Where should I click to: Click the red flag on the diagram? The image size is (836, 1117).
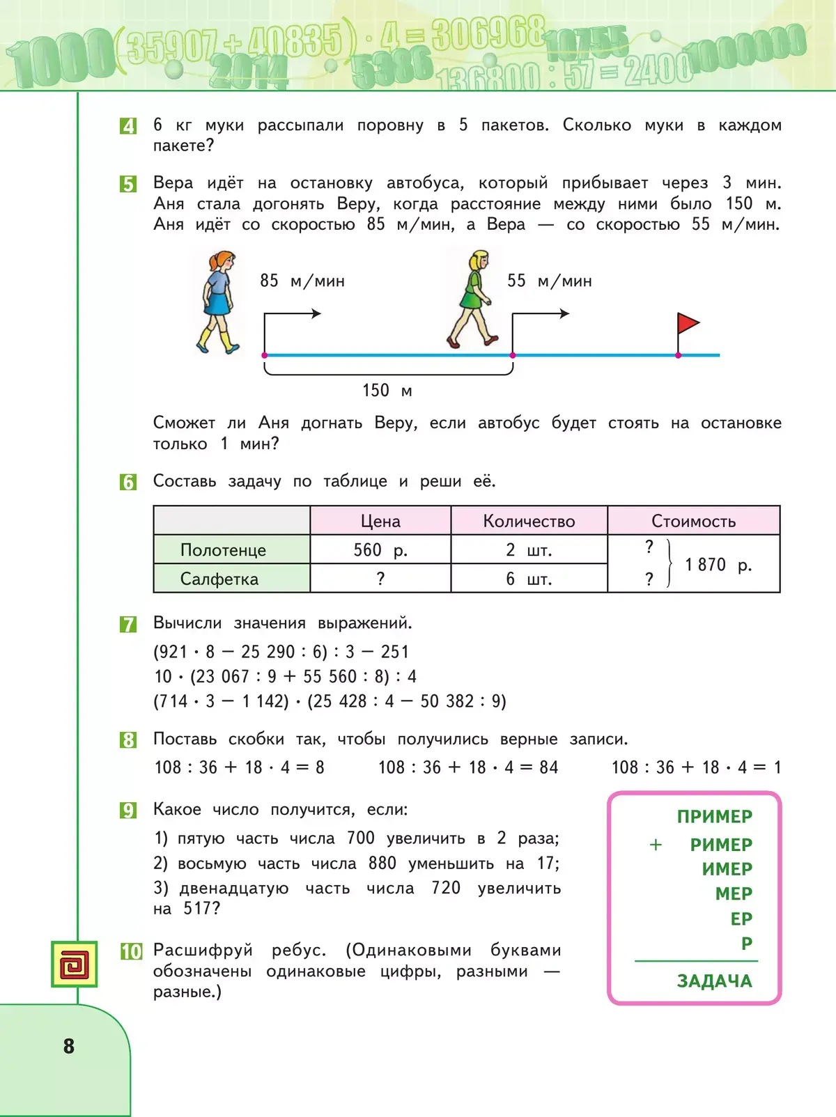(688, 324)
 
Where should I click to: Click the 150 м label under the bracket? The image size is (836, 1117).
(387, 391)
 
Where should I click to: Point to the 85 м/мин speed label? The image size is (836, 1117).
(302, 281)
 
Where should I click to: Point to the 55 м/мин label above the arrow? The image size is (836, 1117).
(550, 281)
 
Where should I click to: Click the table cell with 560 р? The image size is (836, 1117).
(380, 550)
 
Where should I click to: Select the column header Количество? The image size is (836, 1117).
(529, 522)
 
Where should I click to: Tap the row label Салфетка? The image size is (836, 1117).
(219, 579)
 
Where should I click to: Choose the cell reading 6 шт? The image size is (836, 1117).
(529, 579)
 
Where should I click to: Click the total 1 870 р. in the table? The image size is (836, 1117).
(718, 565)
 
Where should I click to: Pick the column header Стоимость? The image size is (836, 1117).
(693, 522)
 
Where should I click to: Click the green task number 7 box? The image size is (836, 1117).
(128, 624)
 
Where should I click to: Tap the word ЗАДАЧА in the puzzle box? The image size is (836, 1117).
(714, 981)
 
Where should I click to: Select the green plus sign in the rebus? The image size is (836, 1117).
(656, 845)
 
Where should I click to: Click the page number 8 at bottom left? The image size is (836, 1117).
(68, 1046)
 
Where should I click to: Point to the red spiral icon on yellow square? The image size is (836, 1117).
(74, 964)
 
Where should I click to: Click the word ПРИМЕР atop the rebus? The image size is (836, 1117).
(714, 816)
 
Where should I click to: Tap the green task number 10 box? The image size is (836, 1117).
(131, 951)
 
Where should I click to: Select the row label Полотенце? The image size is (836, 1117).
(223, 550)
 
